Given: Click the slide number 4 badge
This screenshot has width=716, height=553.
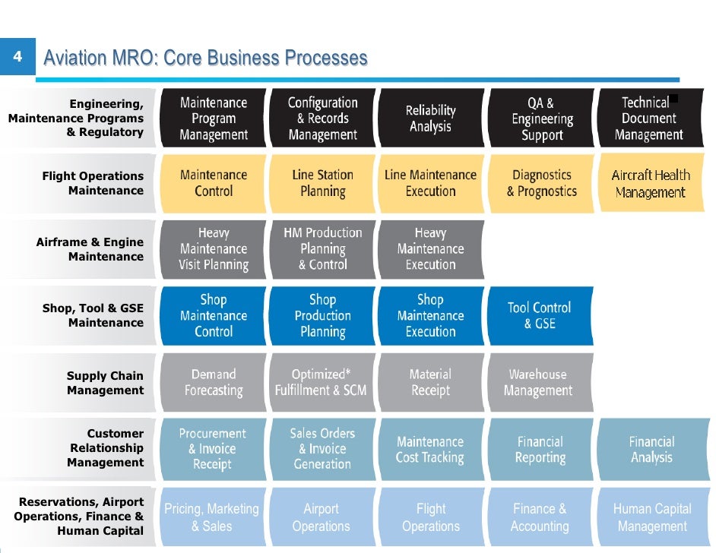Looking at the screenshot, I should pos(17,58).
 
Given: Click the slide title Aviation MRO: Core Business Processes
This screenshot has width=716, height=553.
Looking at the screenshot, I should pos(205,58).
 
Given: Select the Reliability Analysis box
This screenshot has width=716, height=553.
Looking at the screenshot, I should pos(430,118).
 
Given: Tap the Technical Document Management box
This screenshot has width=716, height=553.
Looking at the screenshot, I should pos(648,118).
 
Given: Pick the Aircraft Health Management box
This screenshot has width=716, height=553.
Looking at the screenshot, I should pos(651,184).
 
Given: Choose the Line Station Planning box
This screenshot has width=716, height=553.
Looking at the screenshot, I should pos(322,184).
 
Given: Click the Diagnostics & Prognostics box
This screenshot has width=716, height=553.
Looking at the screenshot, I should pos(541,184).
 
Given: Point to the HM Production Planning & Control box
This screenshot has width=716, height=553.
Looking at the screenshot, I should pos(322,249).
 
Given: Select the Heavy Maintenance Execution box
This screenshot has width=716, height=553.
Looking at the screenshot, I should pos(430,249).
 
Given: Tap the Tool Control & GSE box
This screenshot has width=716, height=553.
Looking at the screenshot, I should pos(539,315).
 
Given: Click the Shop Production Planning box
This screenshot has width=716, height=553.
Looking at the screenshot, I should pos(322,315).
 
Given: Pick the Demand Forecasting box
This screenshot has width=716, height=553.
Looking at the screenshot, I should pos(214,382).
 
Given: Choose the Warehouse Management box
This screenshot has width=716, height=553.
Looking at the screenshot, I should pos(539,382).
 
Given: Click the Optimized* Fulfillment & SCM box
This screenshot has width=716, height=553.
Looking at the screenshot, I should pos(321,382).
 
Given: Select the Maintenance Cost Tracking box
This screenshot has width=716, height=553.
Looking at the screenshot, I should pos(430,449).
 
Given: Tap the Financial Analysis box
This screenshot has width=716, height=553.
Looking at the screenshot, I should pos(651,449).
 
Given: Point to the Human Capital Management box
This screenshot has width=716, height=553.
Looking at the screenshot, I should pos(651,517).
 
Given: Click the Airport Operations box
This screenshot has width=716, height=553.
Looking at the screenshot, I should pos(321,517).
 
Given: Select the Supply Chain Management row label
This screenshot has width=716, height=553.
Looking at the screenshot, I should pos(105,383).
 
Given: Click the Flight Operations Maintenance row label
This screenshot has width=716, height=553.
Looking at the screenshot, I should pos(93,183).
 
